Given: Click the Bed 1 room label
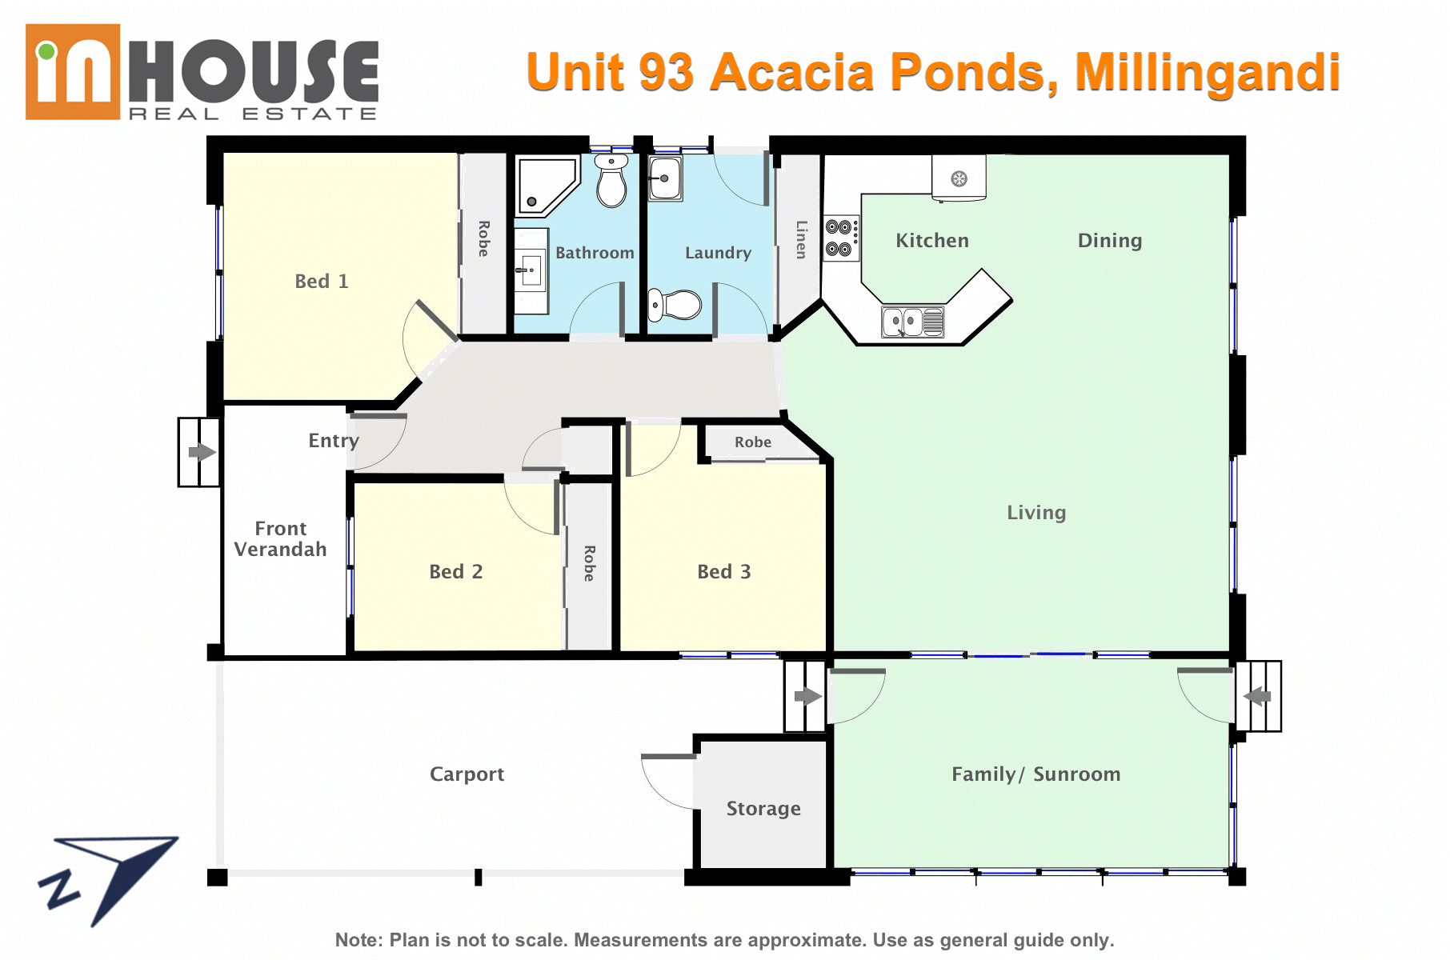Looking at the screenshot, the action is click(322, 282).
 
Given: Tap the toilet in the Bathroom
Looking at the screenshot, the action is click(612, 181).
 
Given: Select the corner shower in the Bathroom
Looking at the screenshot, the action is click(547, 186).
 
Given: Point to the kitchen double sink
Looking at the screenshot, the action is click(913, 322).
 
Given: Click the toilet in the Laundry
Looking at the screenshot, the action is click(674, 305).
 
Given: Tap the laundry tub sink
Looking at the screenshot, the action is click(665, 178).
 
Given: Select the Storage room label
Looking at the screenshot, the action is click(763, 809).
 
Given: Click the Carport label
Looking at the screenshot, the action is click(467, 774).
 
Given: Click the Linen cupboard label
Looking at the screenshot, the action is click(801, 239).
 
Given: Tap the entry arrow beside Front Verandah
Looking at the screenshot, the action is click(202, 452).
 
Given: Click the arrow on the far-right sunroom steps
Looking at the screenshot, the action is click(1257, 696).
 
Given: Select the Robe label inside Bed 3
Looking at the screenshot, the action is click(753, 442).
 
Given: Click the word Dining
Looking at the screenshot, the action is click(1110, 241).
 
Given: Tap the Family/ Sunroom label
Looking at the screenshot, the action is click(1036, 774).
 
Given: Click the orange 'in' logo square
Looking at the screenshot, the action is click(73, 72).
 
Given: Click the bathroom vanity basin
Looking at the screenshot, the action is click(531, 270).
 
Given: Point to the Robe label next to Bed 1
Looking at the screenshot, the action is click(483, 238).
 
